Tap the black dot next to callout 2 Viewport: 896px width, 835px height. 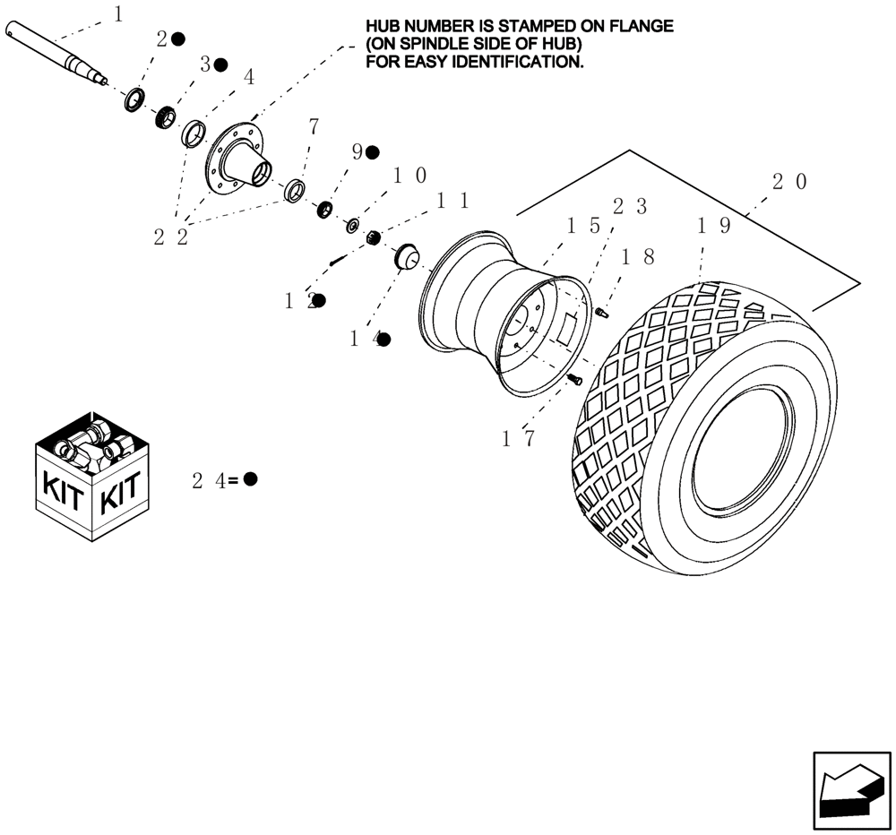point(178,39)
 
